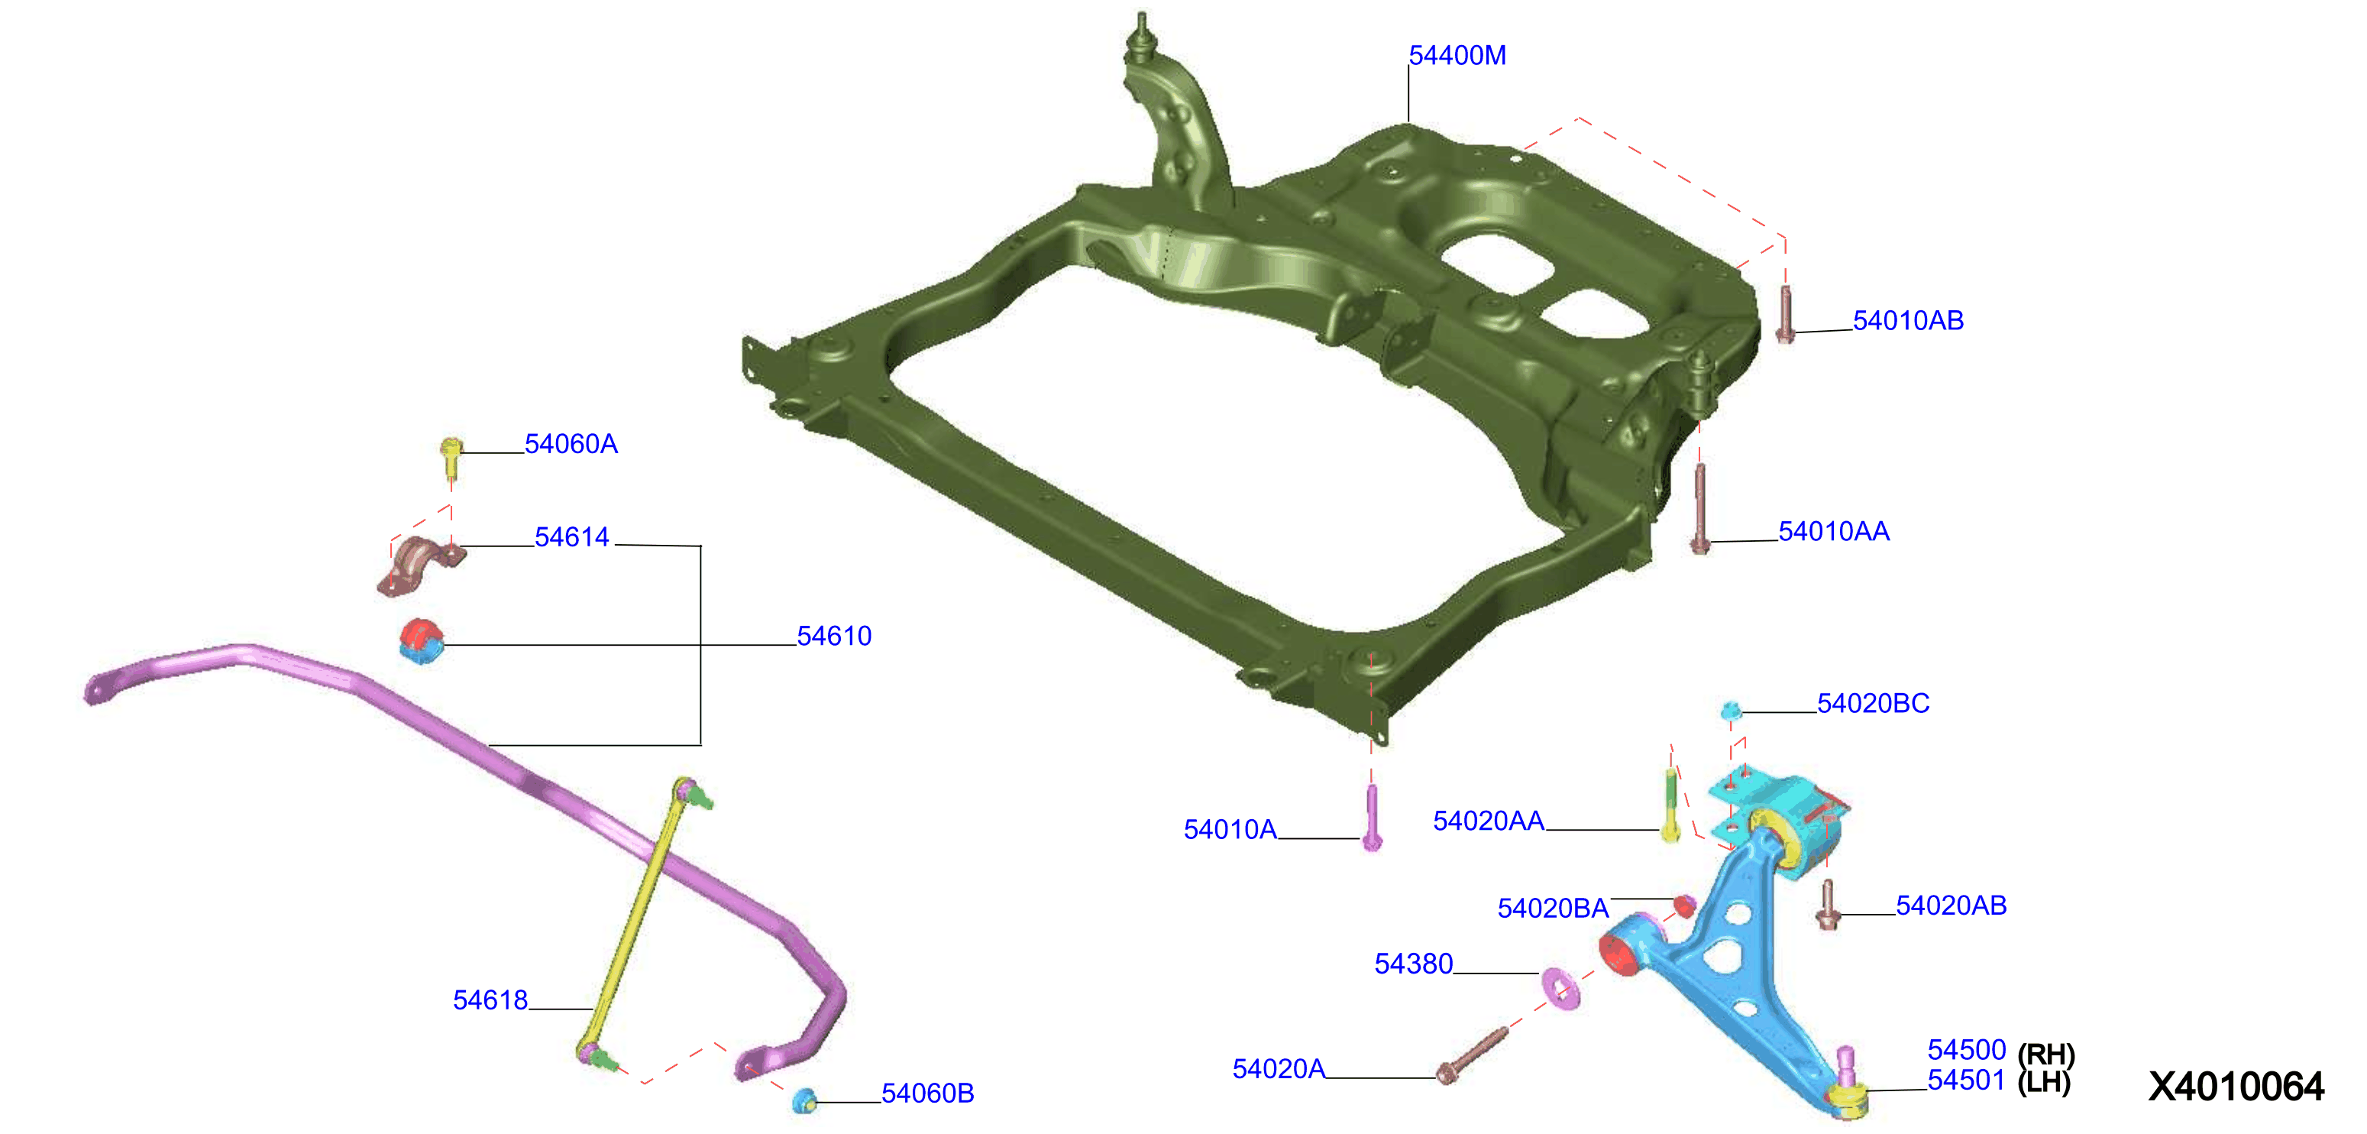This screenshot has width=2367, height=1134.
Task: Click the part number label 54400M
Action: [1457, 56]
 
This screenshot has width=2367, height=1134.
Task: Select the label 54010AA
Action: [1833, 531]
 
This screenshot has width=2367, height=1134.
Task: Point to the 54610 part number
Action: [833, 636]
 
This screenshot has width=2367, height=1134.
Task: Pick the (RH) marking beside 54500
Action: [2045, 1053]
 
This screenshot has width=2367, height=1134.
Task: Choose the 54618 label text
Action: [490, 1000]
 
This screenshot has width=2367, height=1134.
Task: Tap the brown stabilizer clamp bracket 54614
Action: [422, 564]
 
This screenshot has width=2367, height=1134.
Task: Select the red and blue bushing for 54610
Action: [422, 640]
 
